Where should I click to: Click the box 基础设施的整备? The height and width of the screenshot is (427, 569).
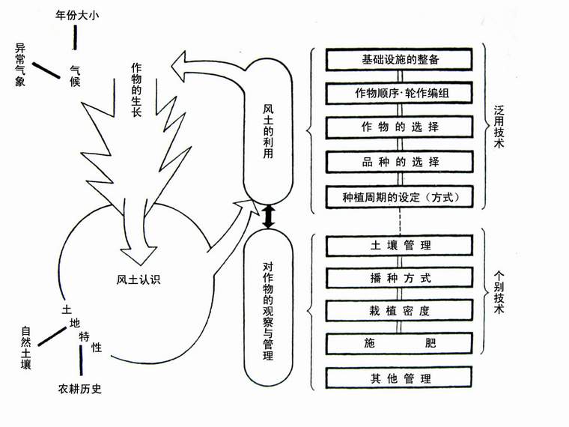tap(401, 59)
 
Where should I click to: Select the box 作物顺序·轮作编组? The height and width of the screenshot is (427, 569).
tap(401, 94)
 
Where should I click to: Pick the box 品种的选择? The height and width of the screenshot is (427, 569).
tap(401, 162)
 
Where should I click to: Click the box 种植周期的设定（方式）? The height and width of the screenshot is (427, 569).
tap(401, 197)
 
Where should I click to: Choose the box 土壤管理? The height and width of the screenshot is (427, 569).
tap(401, 245)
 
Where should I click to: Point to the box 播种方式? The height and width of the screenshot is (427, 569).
tap(401, 278)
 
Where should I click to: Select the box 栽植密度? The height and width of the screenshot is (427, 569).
tap(401, 311)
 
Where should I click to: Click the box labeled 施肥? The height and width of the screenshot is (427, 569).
tap(401, 344)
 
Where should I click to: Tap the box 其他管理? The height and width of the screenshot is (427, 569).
tap(401, 378)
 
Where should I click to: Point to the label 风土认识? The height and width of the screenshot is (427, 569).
tap(139, 281)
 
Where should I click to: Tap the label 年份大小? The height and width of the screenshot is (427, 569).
tap(78, 14)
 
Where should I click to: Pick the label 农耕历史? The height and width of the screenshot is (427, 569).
tap(79, 389)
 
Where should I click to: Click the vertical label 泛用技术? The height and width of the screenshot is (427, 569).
tap(499, 127)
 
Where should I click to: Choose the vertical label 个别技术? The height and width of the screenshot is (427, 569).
tap(499, 292)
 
